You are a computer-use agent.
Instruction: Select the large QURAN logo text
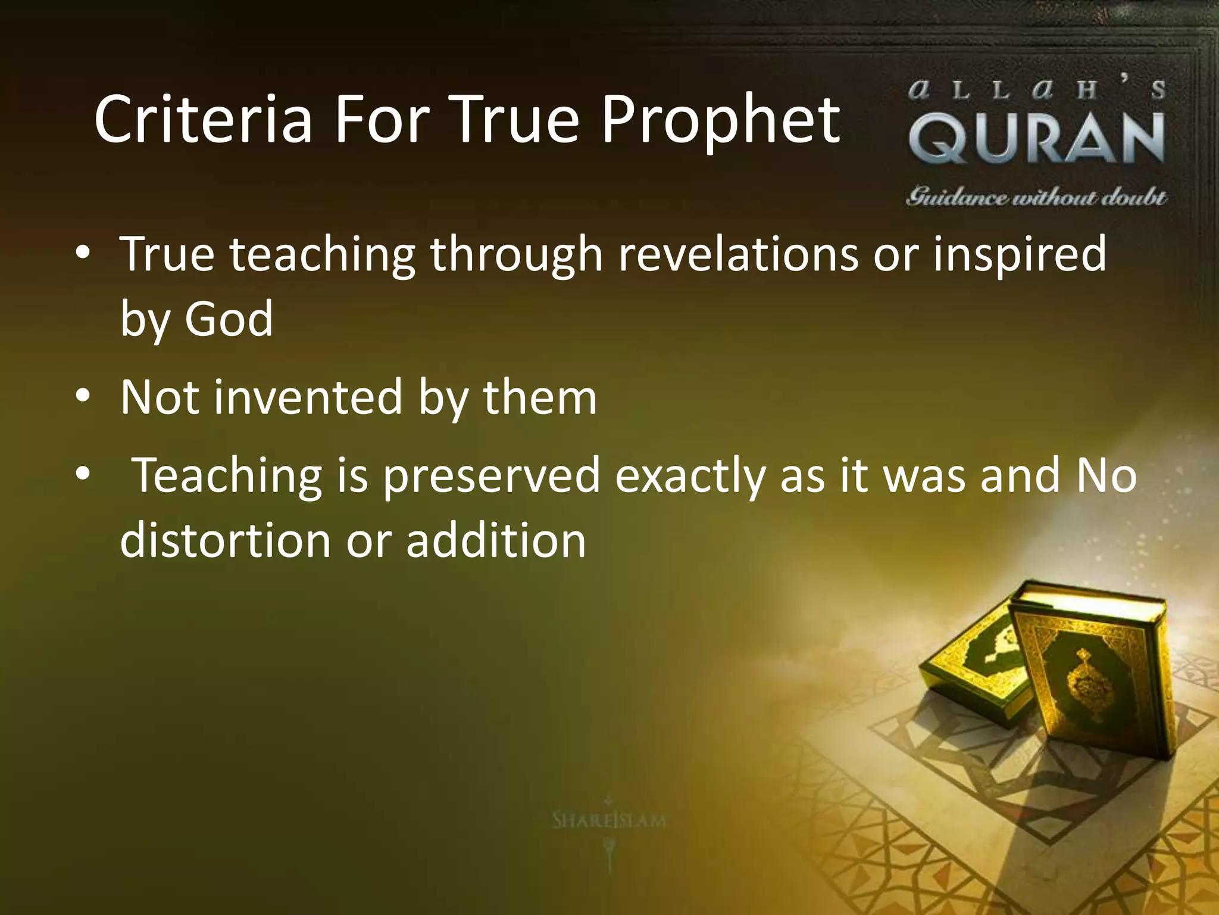[1036, 138]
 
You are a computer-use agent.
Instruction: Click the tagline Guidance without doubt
[1036, 197]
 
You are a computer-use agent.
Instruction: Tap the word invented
[308, 397]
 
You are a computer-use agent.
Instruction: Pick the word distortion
[225, 540]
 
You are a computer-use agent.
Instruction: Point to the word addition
[496, 540]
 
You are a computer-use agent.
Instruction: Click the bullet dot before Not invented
[83, 396]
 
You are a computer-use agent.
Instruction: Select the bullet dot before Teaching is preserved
[83, 475]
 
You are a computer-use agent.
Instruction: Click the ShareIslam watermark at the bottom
[608, 821]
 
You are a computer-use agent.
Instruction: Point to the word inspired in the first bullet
[1019, 254]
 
